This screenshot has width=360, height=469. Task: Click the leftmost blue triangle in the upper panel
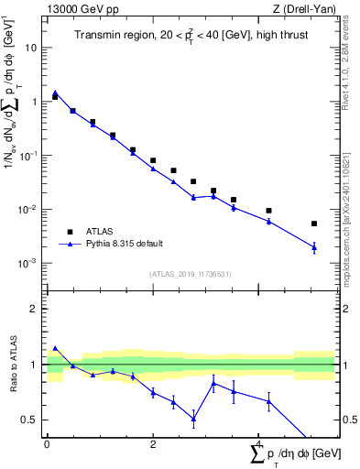[x=55, y=93]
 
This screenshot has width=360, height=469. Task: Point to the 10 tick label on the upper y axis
[x=31, y=48]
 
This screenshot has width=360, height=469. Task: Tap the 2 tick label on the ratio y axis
[x=36, y=309]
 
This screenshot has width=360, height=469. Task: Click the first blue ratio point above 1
[x=55, y=348]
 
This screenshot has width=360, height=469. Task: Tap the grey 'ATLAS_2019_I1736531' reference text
[x=191, y=274]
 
